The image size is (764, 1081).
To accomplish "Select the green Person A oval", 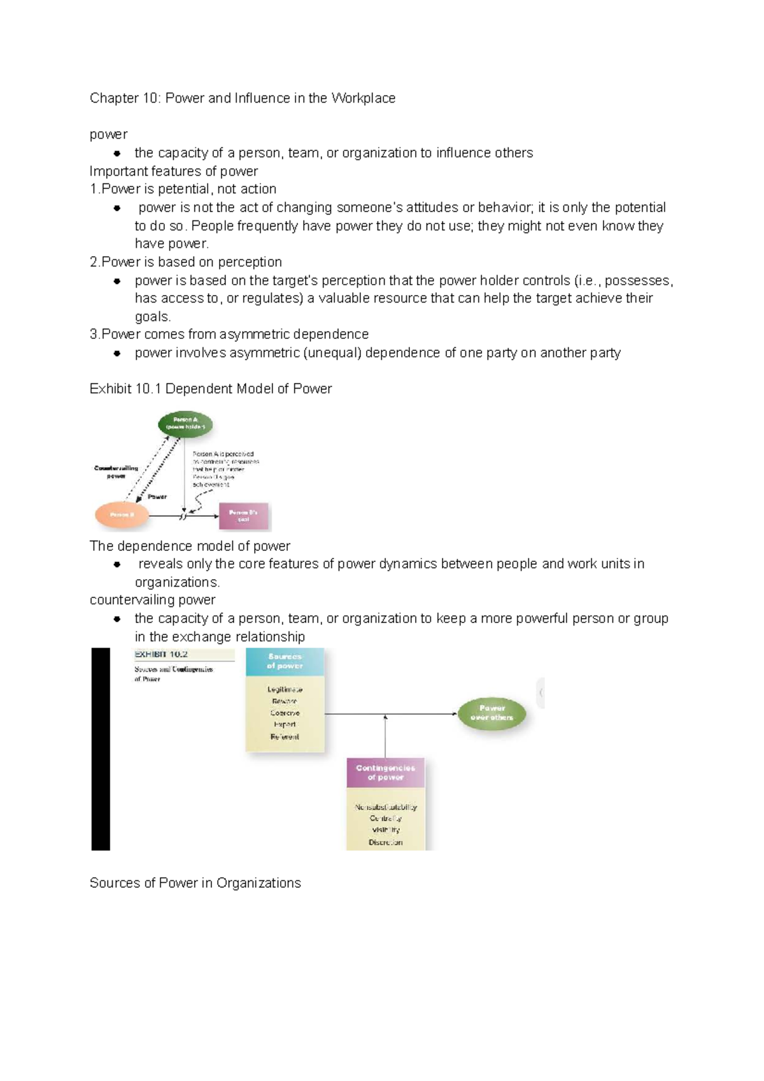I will click(x=185, y=424).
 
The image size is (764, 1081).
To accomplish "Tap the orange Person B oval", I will click(x=122, y=515).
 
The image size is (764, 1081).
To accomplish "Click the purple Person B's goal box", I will click(x=243, y=515).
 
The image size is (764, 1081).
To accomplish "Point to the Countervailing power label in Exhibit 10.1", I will click(x=116, y=472).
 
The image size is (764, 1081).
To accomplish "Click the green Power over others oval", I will click(x=492, y=713).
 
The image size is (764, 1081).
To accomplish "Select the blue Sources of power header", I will click(x=285, y=661).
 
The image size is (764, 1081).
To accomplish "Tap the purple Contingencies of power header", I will click(x=385, y=773).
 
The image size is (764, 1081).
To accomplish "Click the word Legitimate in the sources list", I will click(x=285, y=689).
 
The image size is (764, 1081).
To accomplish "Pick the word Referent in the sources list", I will click(x=285, y=737).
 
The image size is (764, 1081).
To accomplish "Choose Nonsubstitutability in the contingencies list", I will click(x=386, y=807).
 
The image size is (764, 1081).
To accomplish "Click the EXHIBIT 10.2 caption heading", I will click(x=161, y=654).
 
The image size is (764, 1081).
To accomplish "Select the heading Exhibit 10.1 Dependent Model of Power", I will click(x=211, y=389).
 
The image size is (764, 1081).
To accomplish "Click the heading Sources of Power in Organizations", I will click(x=195, y=883).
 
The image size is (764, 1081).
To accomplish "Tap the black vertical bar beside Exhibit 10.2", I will click(x=101, y=749).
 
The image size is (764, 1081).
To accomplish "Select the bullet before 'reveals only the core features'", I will click(x=117, y=564).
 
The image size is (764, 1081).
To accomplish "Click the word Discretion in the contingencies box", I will click(x=385, y=842).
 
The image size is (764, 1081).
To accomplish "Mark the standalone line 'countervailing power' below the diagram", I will click(x=153, y=600).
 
